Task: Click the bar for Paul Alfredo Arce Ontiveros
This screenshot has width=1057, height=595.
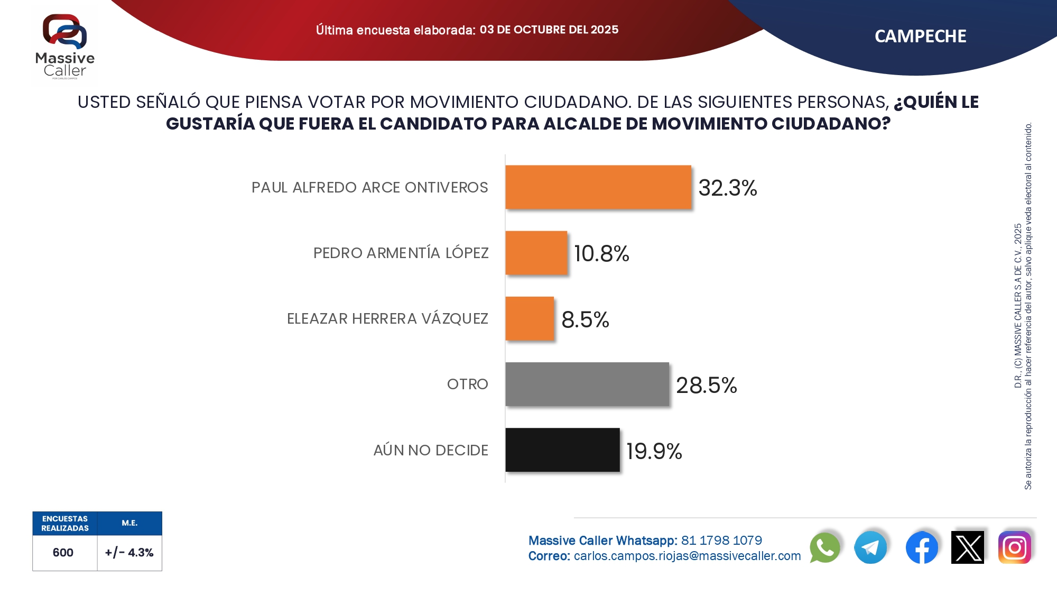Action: click(598, 187)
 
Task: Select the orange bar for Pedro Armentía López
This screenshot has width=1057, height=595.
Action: click(536, 253)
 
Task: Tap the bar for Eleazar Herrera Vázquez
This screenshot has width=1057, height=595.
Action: click(530, 318)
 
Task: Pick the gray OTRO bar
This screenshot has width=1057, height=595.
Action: click(587, 384)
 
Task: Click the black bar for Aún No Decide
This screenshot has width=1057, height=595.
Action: click(562, 450)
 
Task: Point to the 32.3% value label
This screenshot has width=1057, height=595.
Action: click(727, 188)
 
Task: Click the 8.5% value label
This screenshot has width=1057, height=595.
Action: click(585, 319)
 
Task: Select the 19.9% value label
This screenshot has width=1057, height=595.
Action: click(654, 451)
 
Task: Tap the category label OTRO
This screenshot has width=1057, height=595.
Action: click(467, 384)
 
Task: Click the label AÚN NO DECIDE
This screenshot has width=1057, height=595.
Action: click(431, 450)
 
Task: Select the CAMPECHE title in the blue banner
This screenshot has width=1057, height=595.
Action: click(920, 36)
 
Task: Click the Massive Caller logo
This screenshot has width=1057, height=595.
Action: click(64, 45)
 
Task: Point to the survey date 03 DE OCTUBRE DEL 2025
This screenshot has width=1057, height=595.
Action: click(549, 30)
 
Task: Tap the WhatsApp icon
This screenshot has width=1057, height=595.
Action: click(824, 547)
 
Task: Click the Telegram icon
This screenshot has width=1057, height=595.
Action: click(870, 547)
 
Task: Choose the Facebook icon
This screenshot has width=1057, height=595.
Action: click(921, 547)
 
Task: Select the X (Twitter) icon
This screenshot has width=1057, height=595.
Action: click(967, 547)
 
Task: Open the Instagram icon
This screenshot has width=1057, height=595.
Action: click(1014, 547)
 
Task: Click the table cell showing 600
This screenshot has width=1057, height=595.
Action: click(63, 553)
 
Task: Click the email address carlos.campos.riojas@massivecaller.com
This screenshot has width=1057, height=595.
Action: click(687, 556)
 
